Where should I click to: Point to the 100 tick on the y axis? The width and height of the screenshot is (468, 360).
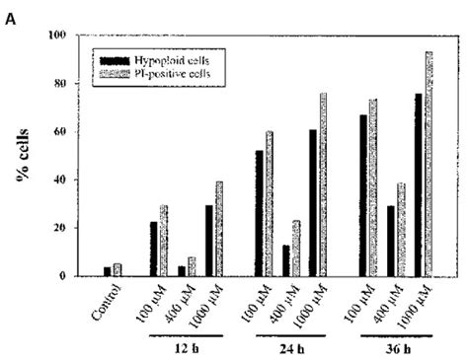(62, 36)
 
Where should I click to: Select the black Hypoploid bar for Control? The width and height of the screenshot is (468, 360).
(107, 271)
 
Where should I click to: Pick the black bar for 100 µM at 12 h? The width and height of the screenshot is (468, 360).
(152, 249)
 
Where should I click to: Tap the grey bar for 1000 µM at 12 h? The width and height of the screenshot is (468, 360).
(218, 229)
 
